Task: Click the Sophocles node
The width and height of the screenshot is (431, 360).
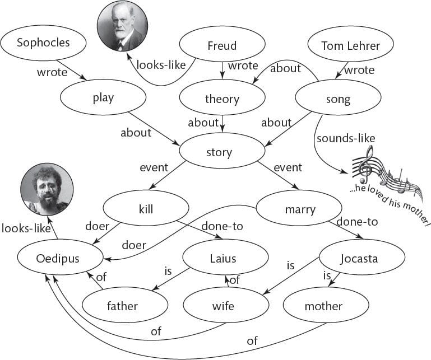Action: pos(43,43)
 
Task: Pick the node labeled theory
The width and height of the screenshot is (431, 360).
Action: pos(222,97)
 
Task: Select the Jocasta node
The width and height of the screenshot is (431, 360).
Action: pos(362,257)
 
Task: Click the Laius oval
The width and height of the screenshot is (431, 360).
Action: pos(225,257)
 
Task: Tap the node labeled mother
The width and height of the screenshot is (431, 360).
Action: pos(326,305)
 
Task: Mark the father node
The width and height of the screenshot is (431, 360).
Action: pos(125,305)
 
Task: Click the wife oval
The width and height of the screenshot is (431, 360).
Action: pos(226,305)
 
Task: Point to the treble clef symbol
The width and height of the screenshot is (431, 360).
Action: pos(365,164)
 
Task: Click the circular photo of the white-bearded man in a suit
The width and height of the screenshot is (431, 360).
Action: pos(123,26)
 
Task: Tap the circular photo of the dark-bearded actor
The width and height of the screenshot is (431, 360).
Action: pos(47,189)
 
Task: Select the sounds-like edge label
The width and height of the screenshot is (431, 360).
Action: pos(346,138)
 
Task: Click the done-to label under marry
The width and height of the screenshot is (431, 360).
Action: pos(357,222)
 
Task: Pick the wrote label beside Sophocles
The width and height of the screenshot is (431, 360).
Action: pos(52,72)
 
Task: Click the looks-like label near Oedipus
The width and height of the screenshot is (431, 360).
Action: pos(26,228)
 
